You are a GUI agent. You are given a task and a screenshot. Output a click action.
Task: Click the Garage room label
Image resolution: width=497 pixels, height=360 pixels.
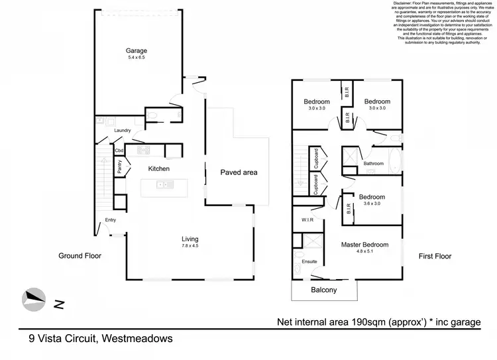pyautogui.click(x=137, y=50)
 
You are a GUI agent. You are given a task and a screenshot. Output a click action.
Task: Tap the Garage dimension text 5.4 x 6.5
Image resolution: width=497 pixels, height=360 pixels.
pyautogui.click(x=137, y=58)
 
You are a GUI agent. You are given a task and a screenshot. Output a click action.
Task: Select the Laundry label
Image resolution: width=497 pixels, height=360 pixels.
pyautogui.click(x=123, y=131)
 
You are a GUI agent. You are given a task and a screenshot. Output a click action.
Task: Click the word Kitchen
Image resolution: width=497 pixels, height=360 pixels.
pyautogui.click(x=159, y=169)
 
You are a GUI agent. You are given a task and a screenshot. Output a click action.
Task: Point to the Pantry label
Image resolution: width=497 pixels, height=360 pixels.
pyautogui.click(x=119, y=166)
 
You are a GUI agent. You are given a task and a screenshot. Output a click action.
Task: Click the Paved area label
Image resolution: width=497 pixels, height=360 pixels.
pyautogui.click(x=239, y=172)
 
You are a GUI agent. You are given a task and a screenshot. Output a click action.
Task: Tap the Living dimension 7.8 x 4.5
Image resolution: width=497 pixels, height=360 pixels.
pyautogui.click(x=191, y=246)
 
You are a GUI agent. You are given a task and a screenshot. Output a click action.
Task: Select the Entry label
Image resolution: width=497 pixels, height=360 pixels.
pyautogui.click(x=110, y=221)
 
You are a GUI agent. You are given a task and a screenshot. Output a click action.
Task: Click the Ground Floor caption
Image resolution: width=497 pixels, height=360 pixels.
pyautogui.click(x=80, y=255)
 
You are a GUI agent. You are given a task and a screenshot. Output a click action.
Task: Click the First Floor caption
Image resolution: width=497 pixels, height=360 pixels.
pyautogui.click(x=435, y=255)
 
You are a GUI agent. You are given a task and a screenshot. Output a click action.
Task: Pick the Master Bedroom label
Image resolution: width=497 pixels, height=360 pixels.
pyautogui.click(x=364, y=245)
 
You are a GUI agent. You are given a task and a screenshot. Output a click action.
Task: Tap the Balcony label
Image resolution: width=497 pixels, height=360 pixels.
pyautogui.click(x=324, y=290)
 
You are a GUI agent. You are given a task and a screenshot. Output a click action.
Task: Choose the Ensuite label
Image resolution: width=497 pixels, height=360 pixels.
pyautogui.click(x=309, y=263)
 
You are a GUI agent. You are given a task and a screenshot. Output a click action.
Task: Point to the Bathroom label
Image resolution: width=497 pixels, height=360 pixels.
pyautogui.click(x=374, y=163)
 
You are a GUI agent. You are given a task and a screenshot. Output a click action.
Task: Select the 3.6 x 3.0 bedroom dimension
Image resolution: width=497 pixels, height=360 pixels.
pyautogui.click(x=372, y=204)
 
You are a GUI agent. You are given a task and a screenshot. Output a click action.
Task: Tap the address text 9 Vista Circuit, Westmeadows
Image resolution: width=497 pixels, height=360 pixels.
pyautogui.click(x=101, y=338)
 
